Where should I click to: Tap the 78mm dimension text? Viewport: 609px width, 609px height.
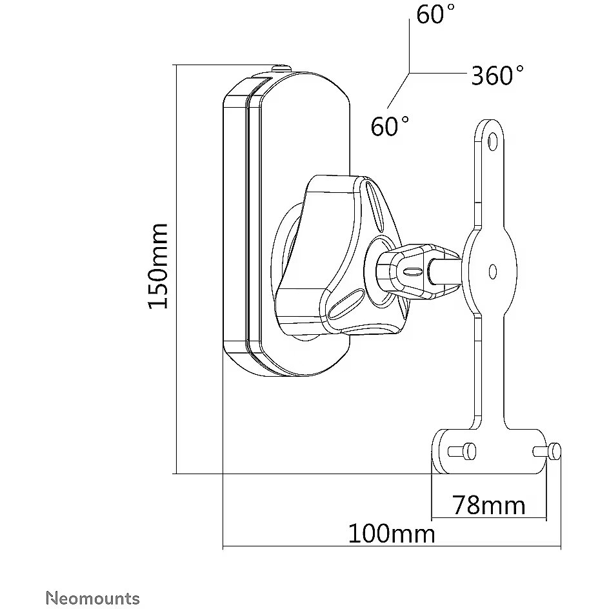pos(488,504)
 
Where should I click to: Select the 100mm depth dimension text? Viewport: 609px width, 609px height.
pos(392,534)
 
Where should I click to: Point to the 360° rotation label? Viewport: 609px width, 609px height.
pos(497,76)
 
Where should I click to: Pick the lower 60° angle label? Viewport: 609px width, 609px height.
pos(390,126)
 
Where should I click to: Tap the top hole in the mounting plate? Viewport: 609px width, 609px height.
pos(492,140)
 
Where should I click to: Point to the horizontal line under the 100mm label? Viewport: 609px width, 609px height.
pos(392,548)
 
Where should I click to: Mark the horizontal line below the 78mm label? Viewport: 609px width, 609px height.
pos(488,519)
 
